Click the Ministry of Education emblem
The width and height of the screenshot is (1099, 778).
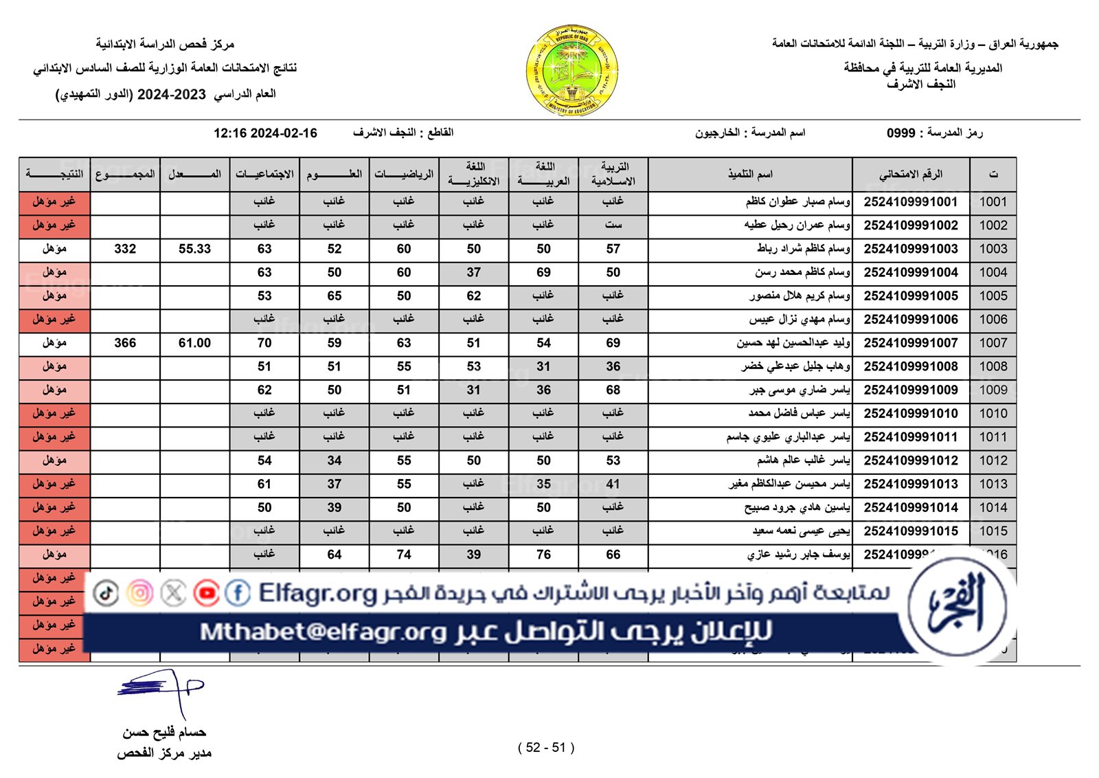click(x=572, y=70)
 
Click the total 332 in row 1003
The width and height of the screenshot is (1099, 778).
click(x=125, y=249)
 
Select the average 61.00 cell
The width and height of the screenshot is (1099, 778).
click(x=194, y=343)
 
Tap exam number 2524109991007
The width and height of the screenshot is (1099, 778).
click(x=910, y=343)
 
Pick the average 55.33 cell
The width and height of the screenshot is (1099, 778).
click(x=194, y=249)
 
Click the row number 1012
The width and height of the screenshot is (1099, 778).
click(x=993, y=460)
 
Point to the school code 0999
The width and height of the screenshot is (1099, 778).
click(x=900, y=133)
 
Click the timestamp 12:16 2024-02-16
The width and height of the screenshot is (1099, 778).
click(x=265, y=133)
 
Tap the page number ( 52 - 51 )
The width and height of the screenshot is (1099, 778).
click(x=546, y=748)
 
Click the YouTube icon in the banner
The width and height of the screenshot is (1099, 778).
click(x=206, y=592)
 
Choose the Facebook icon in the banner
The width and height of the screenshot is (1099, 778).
click(x=238, y=592)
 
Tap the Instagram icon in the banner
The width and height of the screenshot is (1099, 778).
click(x=140, y=592)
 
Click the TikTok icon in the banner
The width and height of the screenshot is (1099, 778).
click(x=106, y=592)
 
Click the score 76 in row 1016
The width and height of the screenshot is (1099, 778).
click(x=543, y=555)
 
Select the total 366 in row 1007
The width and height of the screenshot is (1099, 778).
click(x=125, y=343)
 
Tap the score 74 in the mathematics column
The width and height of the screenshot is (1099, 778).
click(x=404, y=555)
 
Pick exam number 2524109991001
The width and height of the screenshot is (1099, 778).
click(x=910, y=202)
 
